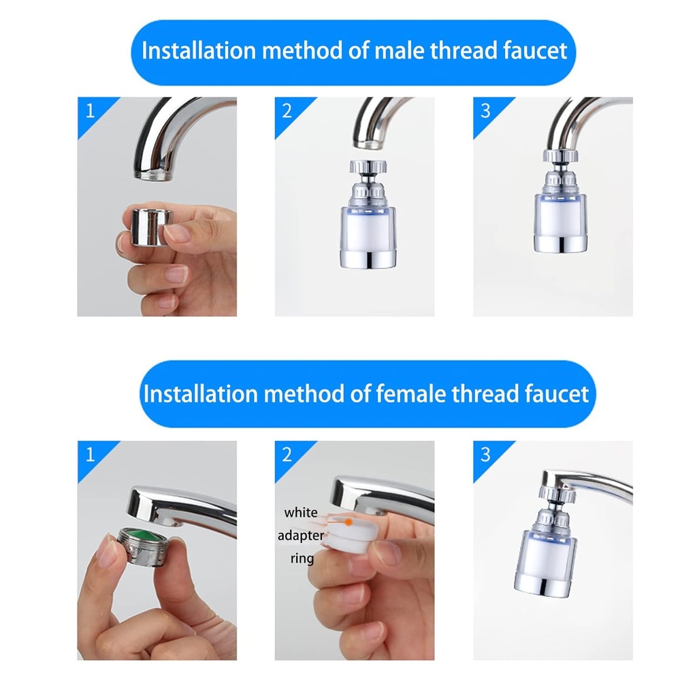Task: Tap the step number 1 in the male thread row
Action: (90, 111)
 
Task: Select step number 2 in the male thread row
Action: (287, 111)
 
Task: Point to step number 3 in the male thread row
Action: (485, 111)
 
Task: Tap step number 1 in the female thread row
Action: (90, 454)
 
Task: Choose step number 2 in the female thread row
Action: (287, 454)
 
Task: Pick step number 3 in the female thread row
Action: (485, 454)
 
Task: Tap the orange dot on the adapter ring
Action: (348, 522)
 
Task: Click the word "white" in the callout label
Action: (300, 513)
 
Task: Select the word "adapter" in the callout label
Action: (300, 536)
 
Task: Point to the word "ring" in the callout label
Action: (302, 559)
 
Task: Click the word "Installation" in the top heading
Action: (196, 52)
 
